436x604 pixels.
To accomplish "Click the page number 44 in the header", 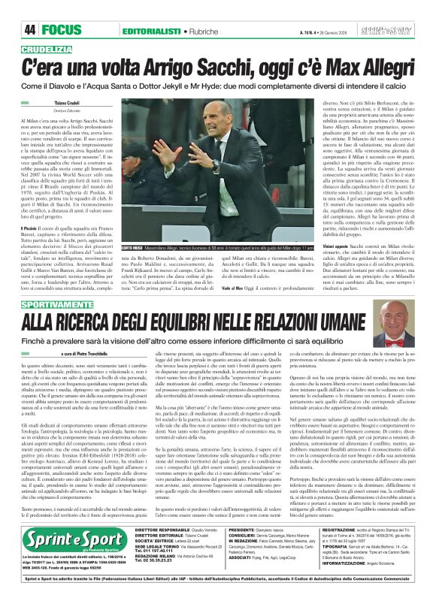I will [29, 30].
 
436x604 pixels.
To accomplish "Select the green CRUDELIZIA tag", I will [53, 47].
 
